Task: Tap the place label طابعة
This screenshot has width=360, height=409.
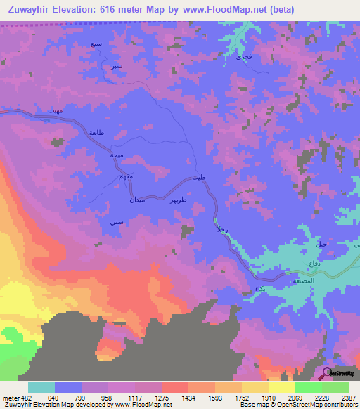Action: click(x=96, y=134)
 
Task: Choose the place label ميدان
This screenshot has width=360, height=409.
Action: click(x=138, y=201)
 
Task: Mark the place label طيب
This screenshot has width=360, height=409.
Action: click(x=202, y=178)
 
